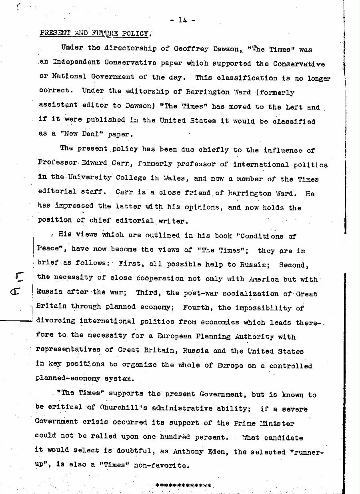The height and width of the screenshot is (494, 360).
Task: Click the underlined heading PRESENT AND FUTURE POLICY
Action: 95,33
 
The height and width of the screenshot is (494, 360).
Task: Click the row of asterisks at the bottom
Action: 183,486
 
